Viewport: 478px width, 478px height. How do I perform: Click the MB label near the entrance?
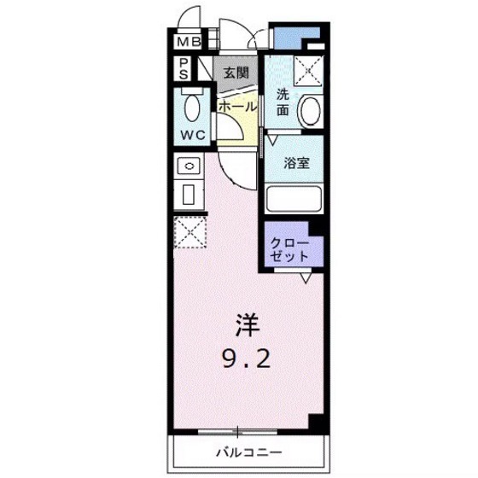188,41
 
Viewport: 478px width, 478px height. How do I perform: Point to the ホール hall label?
236,107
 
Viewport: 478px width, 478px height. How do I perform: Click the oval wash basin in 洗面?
311,111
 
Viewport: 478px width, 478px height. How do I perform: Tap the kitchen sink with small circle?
190,166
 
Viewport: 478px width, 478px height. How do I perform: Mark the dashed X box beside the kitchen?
189,232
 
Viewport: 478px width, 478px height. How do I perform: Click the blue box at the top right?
294,37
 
